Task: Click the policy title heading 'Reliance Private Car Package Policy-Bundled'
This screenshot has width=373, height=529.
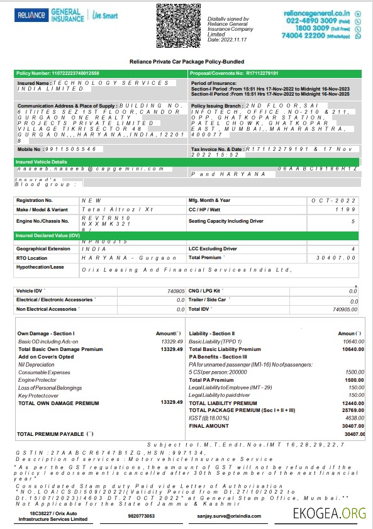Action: click(x=186, y=62)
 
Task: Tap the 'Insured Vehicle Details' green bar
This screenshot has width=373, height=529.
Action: click(x=42, y=162)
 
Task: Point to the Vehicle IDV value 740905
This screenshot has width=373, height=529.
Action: click(x=175, y=291)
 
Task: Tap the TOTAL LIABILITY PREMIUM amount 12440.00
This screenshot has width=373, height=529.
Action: click(x=353, y=403)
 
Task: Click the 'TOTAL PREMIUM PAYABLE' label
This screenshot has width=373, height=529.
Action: click(x=55, y=434)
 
